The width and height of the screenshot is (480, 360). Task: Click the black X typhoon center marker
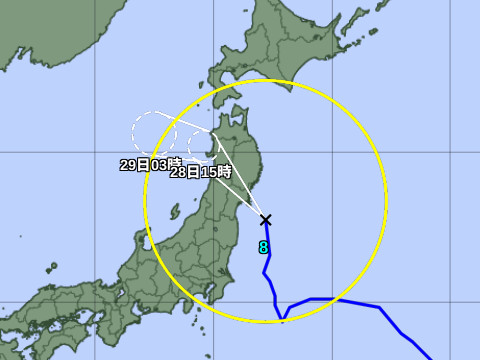click(x=265, y=220)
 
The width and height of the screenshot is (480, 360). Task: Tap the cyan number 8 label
click(x=263, y=247)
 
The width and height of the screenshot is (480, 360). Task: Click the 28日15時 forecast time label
click(x=194, y=171)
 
